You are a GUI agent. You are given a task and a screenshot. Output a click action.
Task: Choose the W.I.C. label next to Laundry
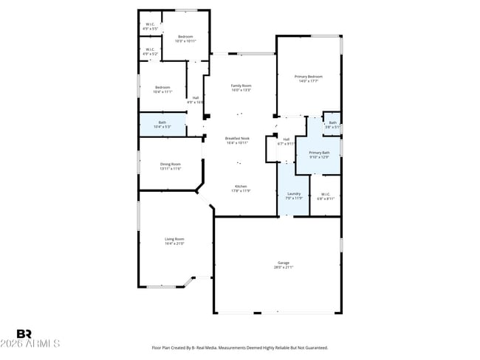[x=326, y=196]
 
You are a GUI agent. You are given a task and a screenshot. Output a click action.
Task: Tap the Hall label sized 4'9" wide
[x=195, y=100]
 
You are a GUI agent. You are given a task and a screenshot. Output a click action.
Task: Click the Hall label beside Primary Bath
[x=286, y=141]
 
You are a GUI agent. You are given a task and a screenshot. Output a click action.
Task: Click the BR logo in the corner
[x=24, y=334]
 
